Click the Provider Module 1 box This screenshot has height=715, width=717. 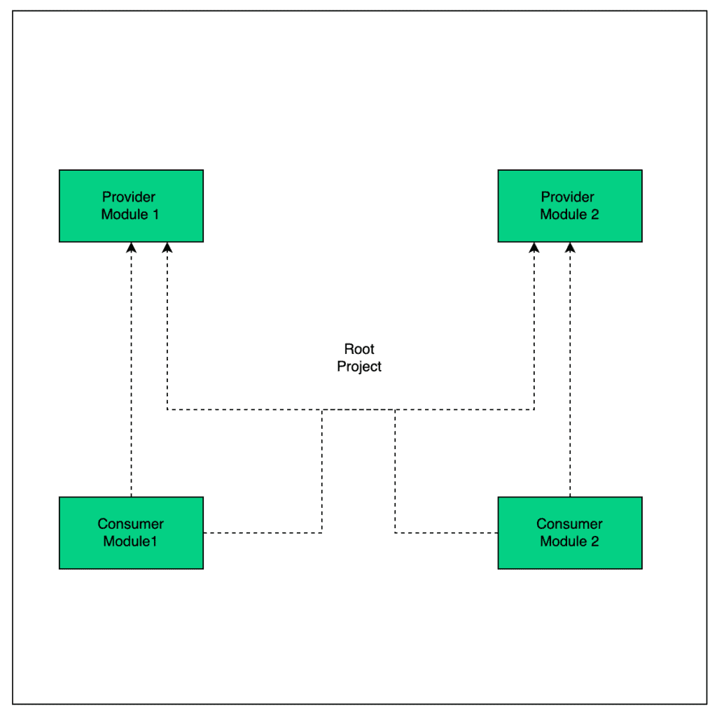[131, 206]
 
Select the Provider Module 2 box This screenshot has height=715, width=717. [570, 206]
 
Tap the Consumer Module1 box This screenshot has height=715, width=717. [131, 532]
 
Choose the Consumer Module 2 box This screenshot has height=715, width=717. [570, 532]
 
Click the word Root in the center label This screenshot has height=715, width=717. [359, 349]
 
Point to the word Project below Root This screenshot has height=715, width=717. [359, 367]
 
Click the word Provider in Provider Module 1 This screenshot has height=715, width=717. [129, 197]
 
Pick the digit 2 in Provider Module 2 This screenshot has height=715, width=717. [594, 214]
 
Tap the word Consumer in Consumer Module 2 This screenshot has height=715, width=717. [569, 523]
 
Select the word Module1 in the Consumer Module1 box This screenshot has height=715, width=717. [130, 541]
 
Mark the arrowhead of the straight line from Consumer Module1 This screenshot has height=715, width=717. [131, 248]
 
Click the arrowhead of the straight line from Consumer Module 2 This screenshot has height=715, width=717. [570, 248]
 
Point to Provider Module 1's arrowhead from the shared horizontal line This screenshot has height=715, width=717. [167, 248]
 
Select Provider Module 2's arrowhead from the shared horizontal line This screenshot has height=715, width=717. [534, 248]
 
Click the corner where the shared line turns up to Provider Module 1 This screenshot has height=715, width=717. [167, 409]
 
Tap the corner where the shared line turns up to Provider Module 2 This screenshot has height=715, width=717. [534, 409]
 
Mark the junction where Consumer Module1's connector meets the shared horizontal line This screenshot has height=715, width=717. [322, 409]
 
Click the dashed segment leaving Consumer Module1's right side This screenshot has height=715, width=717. [263, 532]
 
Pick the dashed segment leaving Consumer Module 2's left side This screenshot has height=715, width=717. [446, 532]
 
